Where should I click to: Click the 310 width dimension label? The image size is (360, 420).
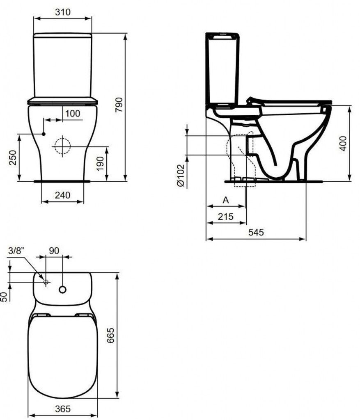(63, 12)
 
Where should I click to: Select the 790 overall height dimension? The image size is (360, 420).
(119, 105)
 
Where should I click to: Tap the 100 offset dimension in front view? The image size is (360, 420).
(73, 114)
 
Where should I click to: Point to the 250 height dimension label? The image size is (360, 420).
(13, 157)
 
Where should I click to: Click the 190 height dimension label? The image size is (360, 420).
(100, 164)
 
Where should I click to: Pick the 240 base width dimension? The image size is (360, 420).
(62, 195)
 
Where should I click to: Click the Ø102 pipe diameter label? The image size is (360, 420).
(181, 176)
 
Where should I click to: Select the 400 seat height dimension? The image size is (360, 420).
(343, 144)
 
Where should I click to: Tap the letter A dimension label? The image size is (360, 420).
(226, 200)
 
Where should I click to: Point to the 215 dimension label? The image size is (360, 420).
(225, 217)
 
